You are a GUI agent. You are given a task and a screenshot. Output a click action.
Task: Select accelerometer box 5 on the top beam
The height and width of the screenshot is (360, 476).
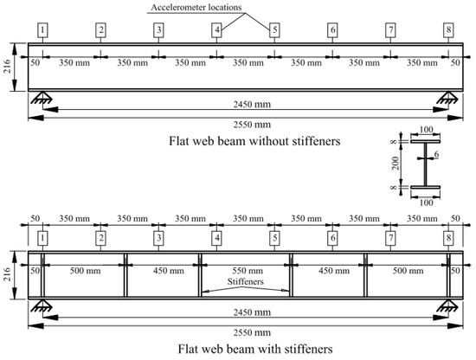274,30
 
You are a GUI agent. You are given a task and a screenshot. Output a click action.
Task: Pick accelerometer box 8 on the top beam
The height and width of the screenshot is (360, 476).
448,30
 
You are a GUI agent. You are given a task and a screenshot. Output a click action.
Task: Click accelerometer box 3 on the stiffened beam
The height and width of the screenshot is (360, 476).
158,237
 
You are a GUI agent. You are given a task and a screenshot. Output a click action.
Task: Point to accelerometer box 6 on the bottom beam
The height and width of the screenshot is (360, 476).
332,237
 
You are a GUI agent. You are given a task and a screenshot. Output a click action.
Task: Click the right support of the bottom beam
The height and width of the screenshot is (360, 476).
448,305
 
